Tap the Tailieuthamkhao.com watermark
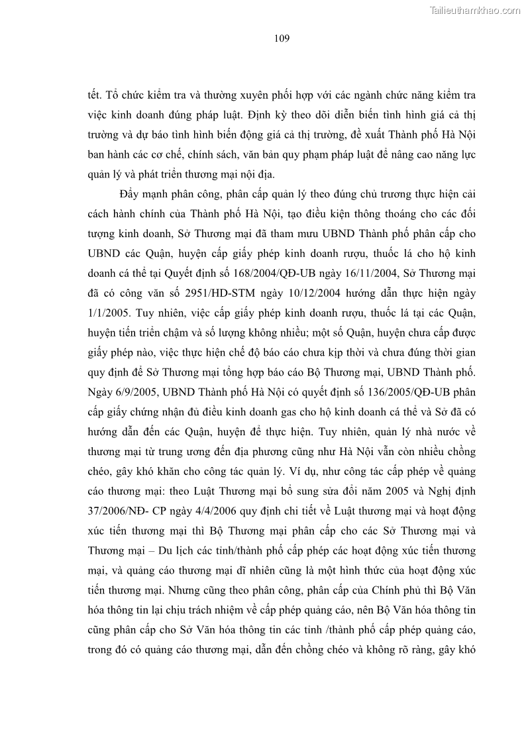(x=476, y=10)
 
